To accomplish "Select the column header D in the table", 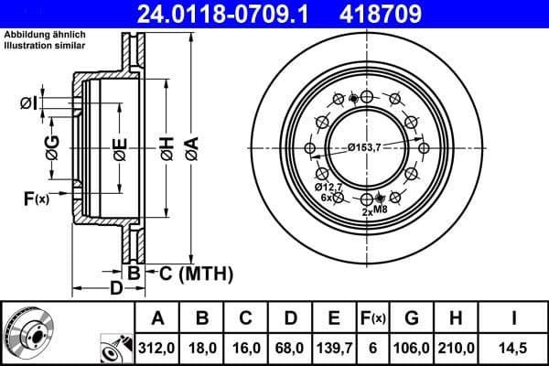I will (291, 318).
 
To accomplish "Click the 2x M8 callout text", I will (376, 210).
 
